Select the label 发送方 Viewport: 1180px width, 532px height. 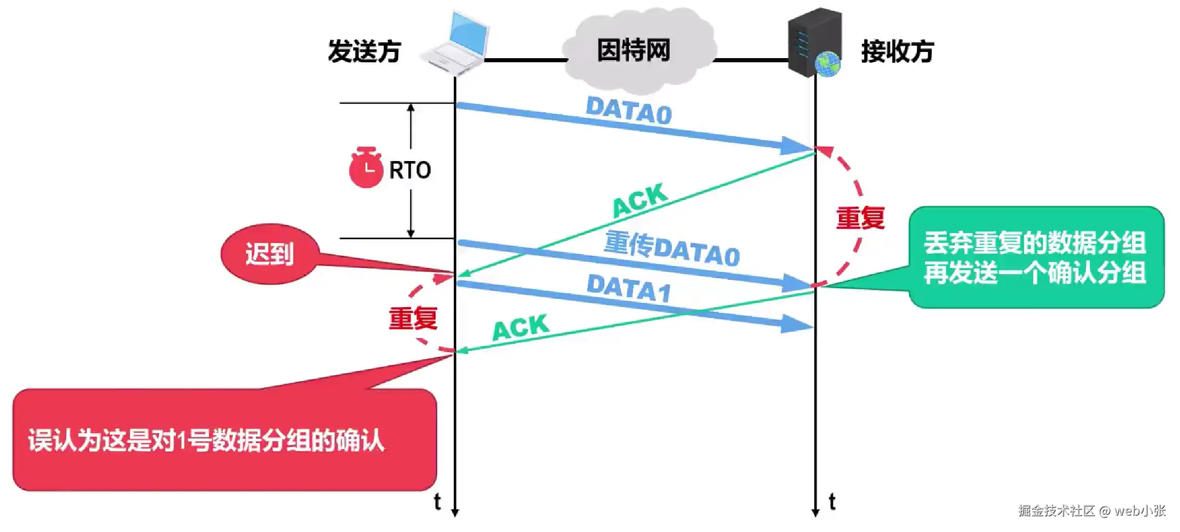[364, 51]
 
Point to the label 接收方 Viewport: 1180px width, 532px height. [897, 51]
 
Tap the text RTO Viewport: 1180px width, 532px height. [410, 170]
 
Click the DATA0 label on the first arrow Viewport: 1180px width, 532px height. [629, 111]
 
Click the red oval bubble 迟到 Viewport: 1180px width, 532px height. [269, 254]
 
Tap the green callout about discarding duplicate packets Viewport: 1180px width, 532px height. [1035, 257]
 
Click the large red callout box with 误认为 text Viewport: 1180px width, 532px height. [225, 440]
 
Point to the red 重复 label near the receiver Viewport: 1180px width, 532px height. [860, 218]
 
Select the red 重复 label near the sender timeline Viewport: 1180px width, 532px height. [413, 318]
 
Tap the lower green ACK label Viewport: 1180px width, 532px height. [521, 327]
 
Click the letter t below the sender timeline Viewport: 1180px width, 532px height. [437, 501]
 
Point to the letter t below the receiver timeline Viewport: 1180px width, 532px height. [832, 501]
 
